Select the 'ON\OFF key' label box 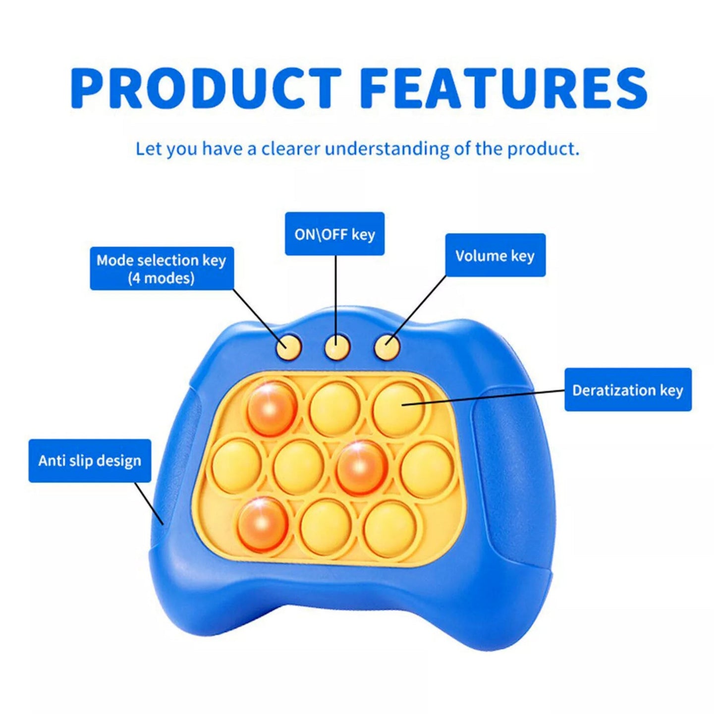click(334, 234)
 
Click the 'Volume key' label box click(495, 255)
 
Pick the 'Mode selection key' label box click(162, 269)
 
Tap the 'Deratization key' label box click(628, 389)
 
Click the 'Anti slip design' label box click(90, 460)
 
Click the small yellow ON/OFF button click(337, 346)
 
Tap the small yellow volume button click(386, 346)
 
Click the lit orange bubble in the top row click(272, 408)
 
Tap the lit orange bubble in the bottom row click(263, 524)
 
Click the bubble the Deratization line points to click(398, 409)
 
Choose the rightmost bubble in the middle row click(427, 468)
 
